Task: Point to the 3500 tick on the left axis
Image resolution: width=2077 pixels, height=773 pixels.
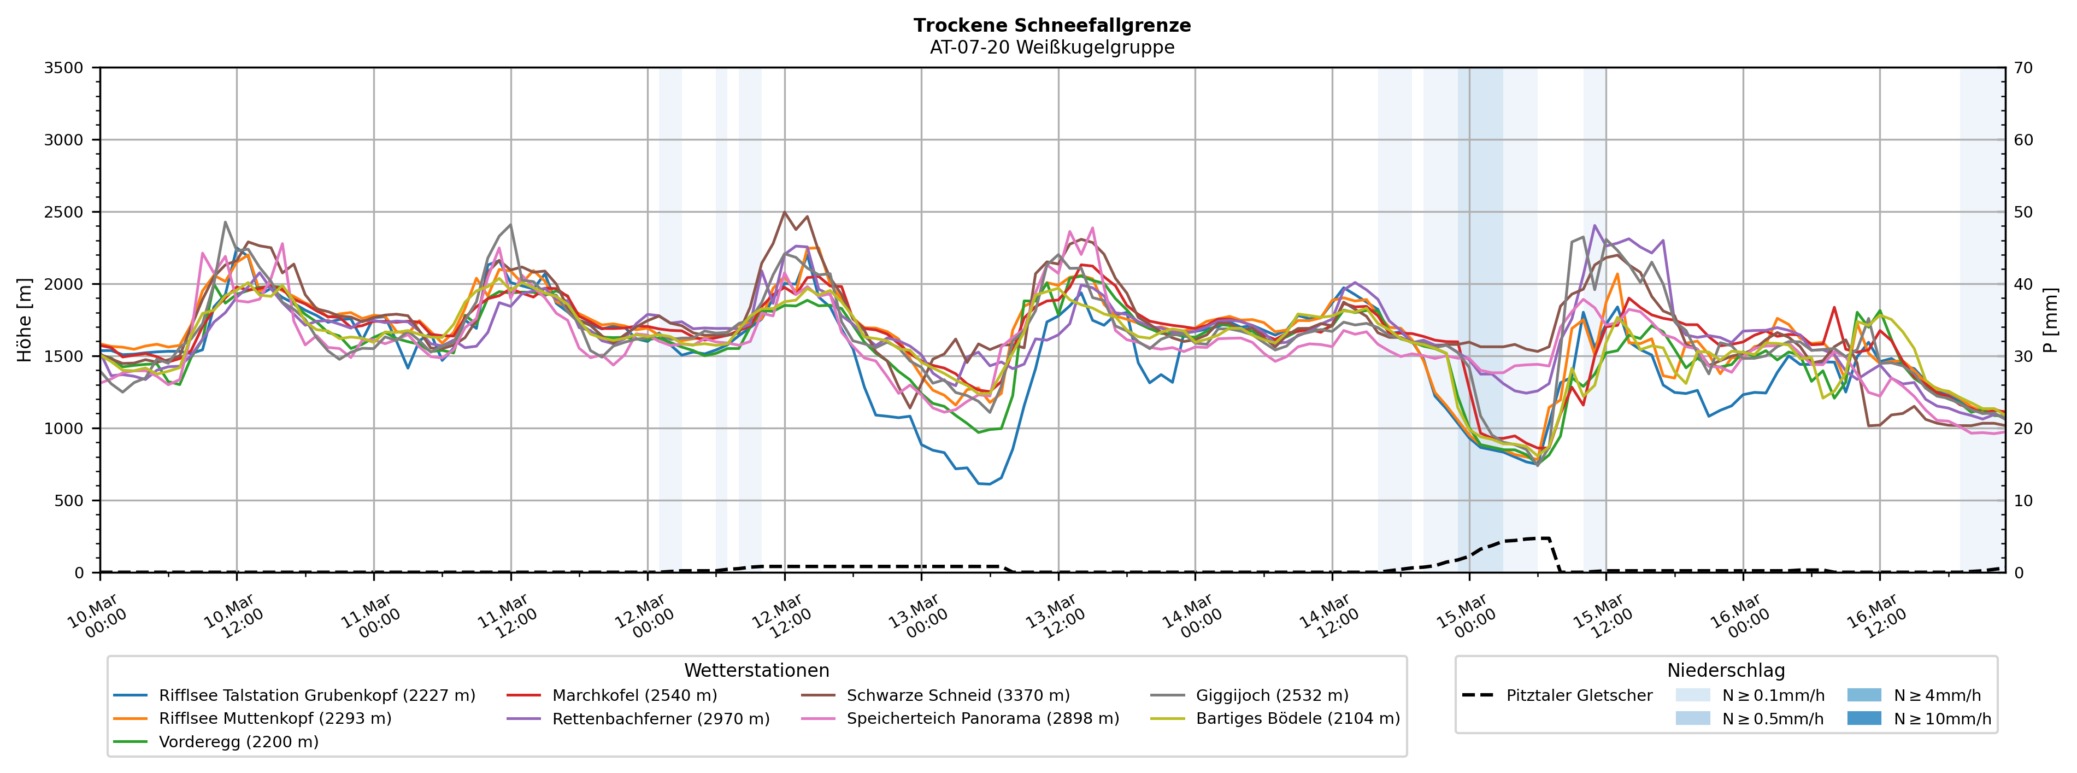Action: [64, 68]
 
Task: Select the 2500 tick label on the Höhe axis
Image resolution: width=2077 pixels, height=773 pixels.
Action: [64, 212]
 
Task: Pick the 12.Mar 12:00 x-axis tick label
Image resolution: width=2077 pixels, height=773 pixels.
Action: [780, 617]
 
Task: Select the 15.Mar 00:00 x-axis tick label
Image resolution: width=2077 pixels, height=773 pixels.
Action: [1465, 617]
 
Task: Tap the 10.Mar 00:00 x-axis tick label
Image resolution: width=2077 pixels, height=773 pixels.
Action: [96, 617]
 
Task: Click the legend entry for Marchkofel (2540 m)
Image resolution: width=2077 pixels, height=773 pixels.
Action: [634, 695]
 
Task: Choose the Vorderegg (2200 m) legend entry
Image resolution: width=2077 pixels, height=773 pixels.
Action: [238, 741]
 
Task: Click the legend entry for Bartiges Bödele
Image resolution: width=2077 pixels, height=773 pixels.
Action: [1297, 718]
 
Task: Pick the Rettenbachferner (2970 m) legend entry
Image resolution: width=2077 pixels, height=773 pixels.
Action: [660, 718]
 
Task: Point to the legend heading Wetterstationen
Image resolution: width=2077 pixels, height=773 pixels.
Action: [756, 671]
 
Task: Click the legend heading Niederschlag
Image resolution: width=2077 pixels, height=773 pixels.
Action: [1726, 671]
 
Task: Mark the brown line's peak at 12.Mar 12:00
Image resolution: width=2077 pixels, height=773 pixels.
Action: [785, 212]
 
